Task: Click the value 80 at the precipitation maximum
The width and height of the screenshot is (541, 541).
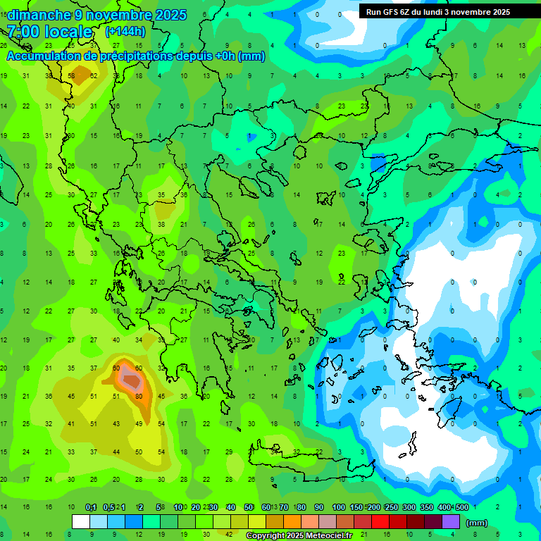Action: point(139,396)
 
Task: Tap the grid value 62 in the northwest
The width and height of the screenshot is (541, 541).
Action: point(94,75)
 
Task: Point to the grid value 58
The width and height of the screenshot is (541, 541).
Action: point(71,75)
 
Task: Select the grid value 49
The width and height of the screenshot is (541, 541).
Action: point(139,423)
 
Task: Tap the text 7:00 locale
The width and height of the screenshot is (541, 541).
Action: point(49,32)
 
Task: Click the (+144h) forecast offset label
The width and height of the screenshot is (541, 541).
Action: point(125,32)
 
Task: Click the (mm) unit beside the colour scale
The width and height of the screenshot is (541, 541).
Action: point(477,523)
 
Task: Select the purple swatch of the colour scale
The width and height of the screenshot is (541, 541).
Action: point(451,521)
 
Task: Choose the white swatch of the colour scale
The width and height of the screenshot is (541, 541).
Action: point(81,521)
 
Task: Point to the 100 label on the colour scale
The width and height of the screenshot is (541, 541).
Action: point(338,507)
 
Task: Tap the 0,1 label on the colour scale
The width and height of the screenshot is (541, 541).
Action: point(91,507)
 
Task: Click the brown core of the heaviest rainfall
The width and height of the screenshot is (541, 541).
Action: point(132,380)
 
